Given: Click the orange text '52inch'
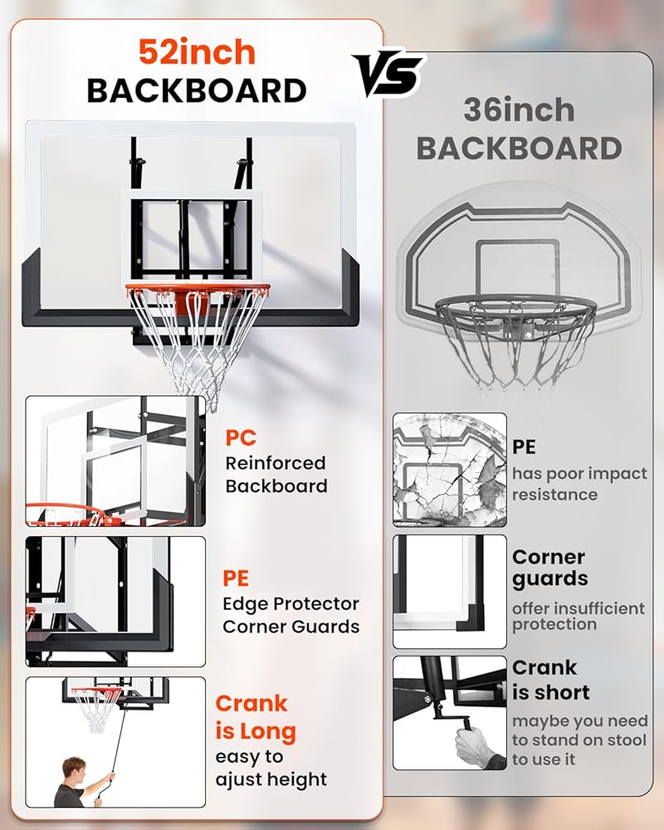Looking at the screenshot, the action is (x=197, y=52).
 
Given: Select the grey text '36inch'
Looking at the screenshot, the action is (x=519, y=110).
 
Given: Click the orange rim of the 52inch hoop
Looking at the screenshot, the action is (x=198, y=290).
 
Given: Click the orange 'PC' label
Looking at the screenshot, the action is (x=241, y=437).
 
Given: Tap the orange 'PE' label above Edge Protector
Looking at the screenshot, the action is (x=236, y=578).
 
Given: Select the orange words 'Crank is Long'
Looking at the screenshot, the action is (x=256, y=717).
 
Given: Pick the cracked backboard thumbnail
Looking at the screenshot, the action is (x=449, y=469).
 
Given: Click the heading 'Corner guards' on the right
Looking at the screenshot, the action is (x=549, y=568).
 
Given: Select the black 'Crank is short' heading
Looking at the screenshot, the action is (x=550, y=680).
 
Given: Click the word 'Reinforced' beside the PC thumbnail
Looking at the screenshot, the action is (x=275, y=463).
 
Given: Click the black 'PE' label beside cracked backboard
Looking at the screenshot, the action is (x=524, y=447).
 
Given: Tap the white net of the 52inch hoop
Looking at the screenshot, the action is (x=198, y=340).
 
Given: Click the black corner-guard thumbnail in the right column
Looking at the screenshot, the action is (x=449, y=591).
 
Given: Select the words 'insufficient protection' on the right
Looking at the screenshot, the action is (x=578, y=616).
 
